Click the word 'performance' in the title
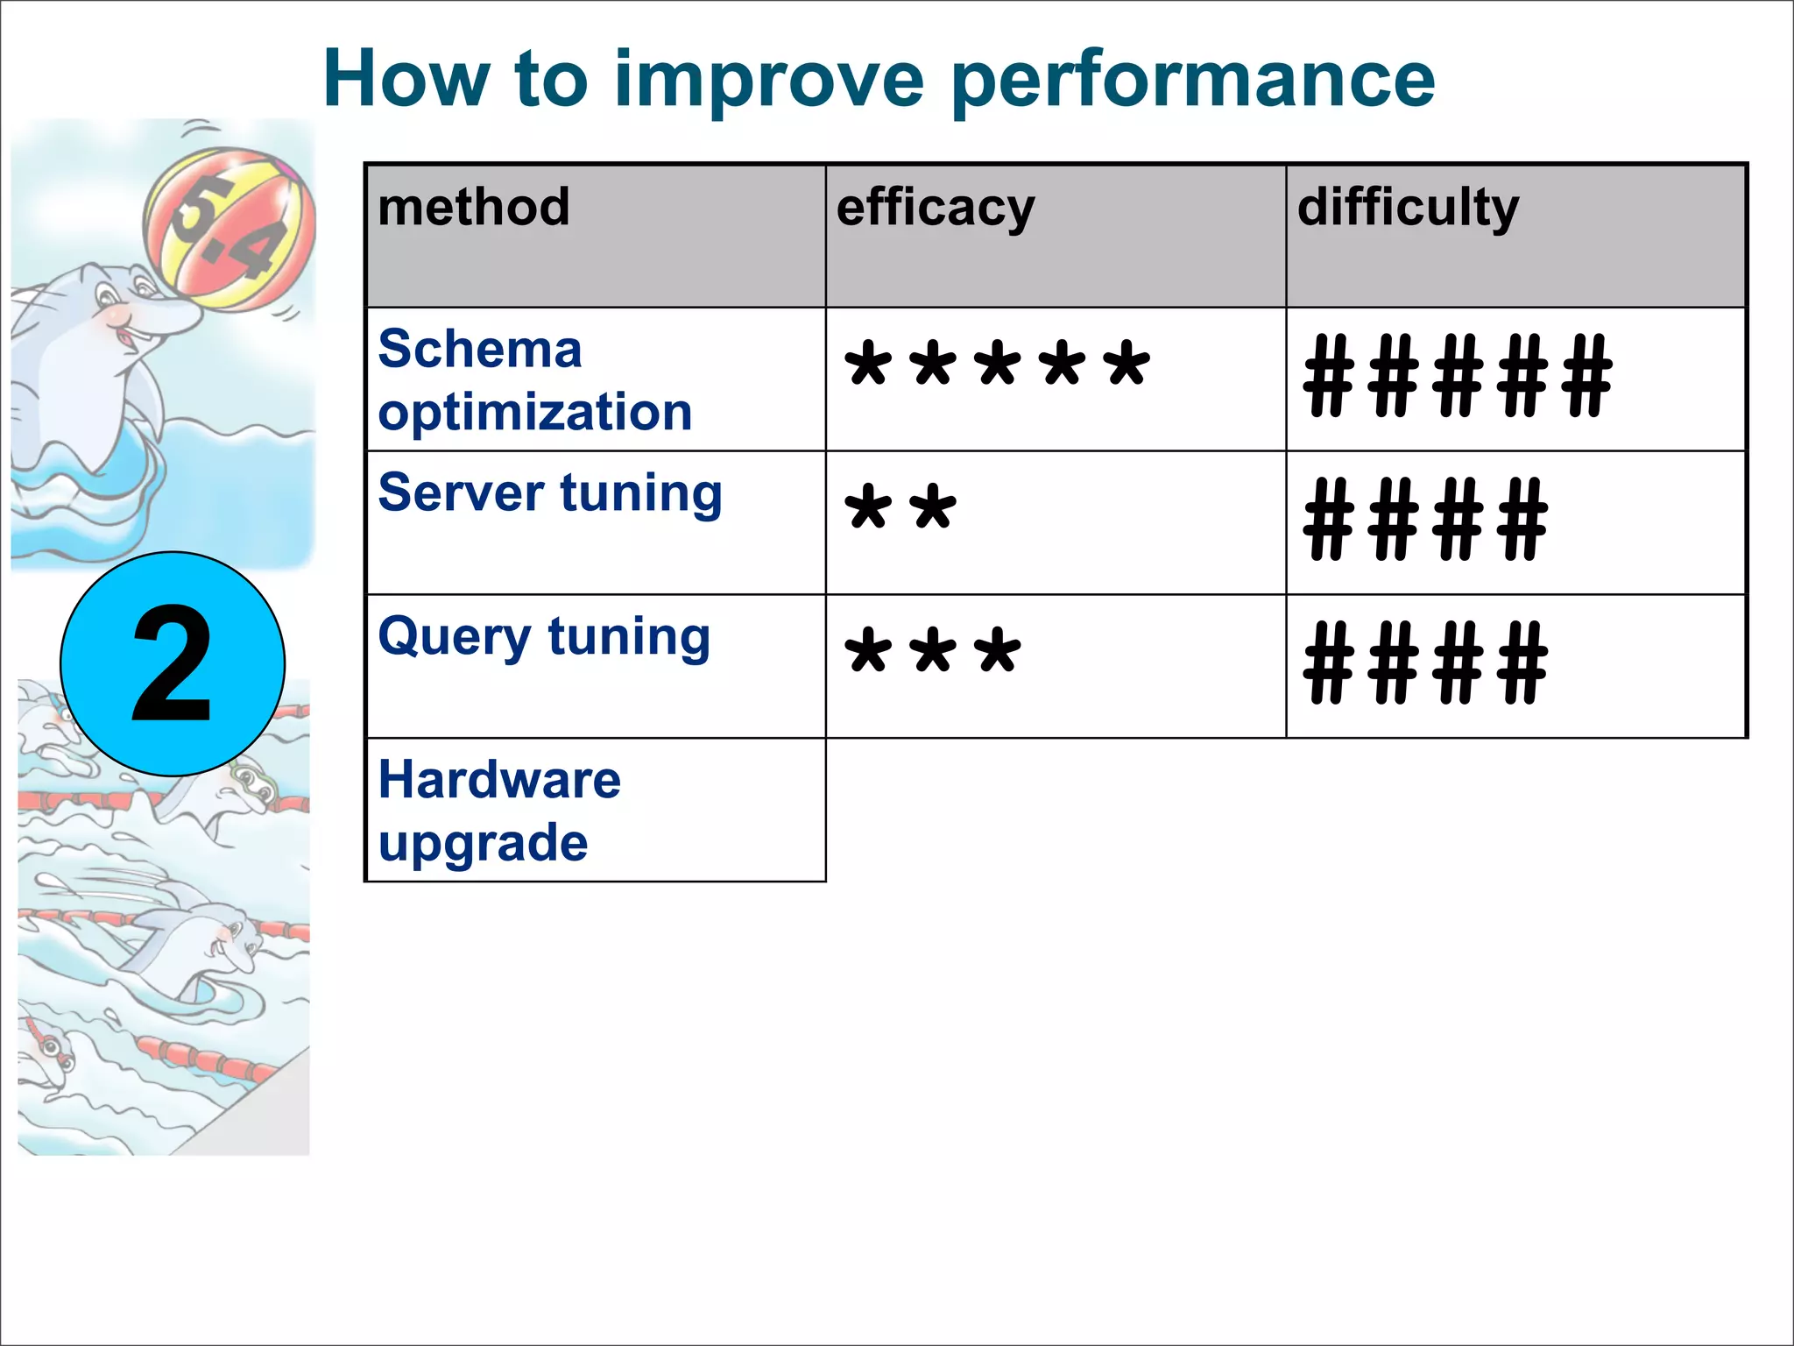pos(1192,81)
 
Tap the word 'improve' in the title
pos(769,81)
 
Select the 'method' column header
pos(474,208)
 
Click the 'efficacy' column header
pos(936,209)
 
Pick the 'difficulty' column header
pos(1408,209)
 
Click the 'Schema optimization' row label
pos(534,380)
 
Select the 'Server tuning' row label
pos(550,493)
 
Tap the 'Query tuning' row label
pos(544,637)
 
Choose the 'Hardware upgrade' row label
pos(499,811)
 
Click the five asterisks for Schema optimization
pos(997,365)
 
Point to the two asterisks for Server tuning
pos(901,508)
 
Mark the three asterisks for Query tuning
pos(933,652)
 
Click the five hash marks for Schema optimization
pos(1458,375)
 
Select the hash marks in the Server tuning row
pos(1425,519)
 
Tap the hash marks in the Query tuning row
pos(1425,662)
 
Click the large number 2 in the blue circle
pos(173,664)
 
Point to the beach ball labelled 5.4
pos(230,230)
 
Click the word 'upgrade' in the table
pos(483,843)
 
